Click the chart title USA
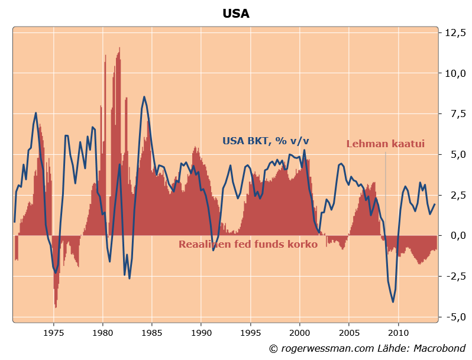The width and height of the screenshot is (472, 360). coord(236,14)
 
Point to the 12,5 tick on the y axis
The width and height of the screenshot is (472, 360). coord(455,33)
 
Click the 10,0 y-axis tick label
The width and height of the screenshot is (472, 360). coord(455,73)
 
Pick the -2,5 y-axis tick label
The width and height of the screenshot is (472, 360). coord(455,276)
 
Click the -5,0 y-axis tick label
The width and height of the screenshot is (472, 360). coord(455,317)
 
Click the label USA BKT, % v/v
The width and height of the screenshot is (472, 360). coord(266,141)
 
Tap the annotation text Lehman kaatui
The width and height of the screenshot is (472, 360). coord(385,144)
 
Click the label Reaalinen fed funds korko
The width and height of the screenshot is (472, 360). coord(248,244)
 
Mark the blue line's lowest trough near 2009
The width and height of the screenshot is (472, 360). coord(393,302)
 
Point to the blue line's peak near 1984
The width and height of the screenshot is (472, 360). coord(144,97)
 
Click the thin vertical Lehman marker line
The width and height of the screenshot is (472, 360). coord(386,189)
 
